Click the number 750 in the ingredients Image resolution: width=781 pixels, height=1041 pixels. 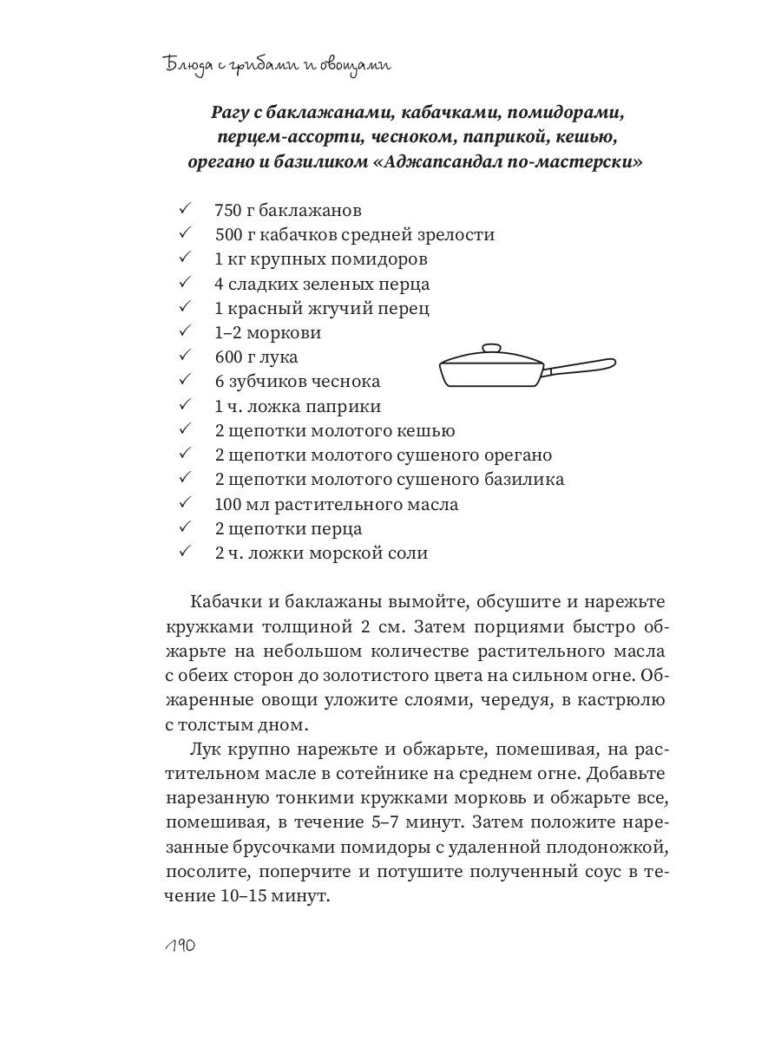[x=228, y=210]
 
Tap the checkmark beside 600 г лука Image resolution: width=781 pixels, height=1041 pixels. [x=184, y=356]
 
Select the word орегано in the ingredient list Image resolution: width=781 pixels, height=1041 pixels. [x=508, y=455]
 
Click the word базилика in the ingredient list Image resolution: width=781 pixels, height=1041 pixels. [x=520, y=479]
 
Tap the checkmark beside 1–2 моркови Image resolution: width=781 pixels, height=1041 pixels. [x=184, y=331]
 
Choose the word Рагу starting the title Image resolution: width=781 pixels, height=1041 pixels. [x=232, y=113]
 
